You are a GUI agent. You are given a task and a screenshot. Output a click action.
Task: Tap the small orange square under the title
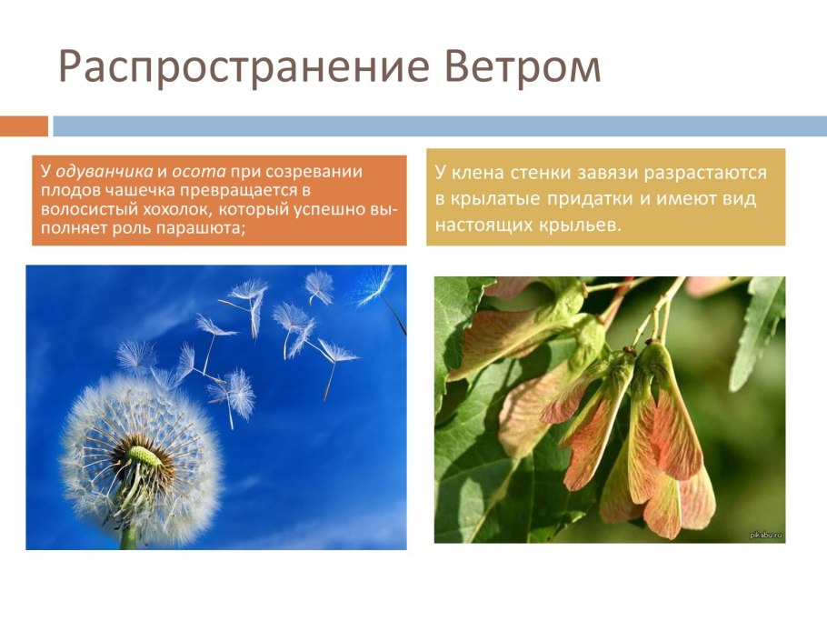24,125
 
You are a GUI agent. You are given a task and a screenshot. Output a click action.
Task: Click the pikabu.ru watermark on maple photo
765,536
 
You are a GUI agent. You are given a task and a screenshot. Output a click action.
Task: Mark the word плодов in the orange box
64,190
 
